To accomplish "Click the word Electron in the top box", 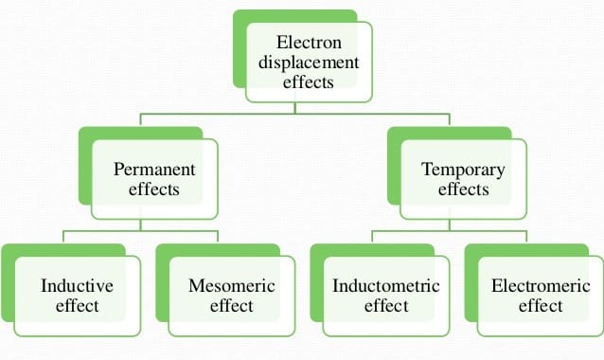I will click(x=309, y=43).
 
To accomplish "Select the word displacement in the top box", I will click(x=309, y=63).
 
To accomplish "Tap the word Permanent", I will click(x=154, y=170).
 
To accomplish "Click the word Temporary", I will click(x=463, y=170).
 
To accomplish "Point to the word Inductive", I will click(x=77, y=285).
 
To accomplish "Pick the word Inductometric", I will click(x=386, y=285).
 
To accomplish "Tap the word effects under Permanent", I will click(x=154, y=189).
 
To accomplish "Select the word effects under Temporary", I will click(x=463, y=189).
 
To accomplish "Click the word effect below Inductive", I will click(x=77, y=306).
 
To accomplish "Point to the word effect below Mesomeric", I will click(x=231, y=306).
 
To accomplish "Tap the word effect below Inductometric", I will click(x=386, y=306).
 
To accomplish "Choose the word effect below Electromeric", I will click(x=541, y=306).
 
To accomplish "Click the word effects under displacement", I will click(x=309, y=82).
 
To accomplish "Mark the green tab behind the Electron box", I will click(x=239, y=57).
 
